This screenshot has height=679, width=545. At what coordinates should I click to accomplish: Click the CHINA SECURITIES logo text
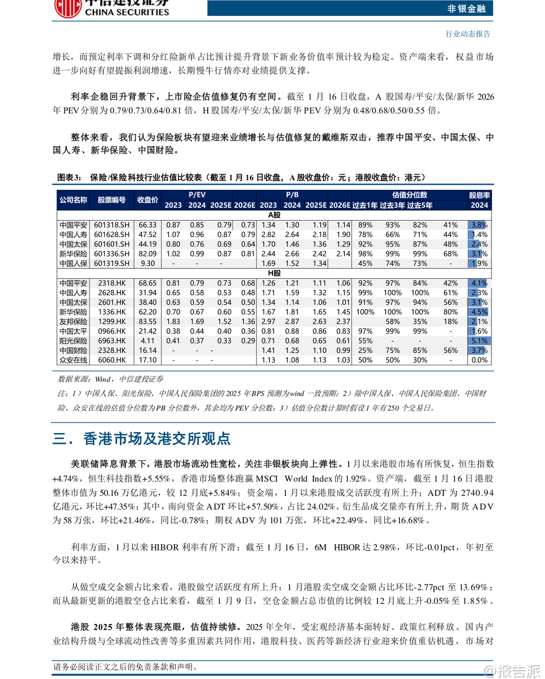coord(126,12)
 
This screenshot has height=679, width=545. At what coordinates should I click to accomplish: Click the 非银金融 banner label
coord(466,8)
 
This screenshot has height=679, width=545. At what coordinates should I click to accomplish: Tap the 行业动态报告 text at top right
coord(468,34)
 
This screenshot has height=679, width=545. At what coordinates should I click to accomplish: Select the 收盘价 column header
coord(148,200)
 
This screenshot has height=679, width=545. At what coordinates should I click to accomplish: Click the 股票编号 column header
coord(112,200)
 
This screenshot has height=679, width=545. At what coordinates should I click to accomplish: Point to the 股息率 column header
coord(479,195)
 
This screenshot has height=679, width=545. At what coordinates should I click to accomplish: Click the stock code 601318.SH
coord(112,225)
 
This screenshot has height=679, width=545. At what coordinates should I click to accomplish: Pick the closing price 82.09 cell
coord(148,254)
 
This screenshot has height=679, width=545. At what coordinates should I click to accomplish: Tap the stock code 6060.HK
coord(112,360)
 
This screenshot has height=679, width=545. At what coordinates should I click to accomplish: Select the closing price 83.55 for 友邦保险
coord(148,321)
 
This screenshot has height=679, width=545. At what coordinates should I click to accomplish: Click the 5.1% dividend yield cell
coord(479,341)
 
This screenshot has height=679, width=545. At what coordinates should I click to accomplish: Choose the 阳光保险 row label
coord(73,341)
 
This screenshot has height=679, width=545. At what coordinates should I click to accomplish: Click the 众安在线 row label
coord(73,360)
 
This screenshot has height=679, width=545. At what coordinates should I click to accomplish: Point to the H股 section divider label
coord(275,273)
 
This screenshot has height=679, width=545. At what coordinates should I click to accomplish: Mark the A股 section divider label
coord(275,215)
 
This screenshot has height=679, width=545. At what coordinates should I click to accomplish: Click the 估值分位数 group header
coord(409,195)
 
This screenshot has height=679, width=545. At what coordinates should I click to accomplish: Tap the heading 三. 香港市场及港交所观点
coord(141,439)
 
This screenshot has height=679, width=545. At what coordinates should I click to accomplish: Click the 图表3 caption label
coord(69,177)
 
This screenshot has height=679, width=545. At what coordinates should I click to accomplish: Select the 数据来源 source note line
coord(111,379)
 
